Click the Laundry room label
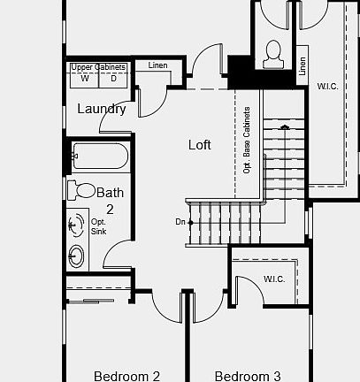[102, 110]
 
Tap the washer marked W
[85, 79]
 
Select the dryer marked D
[113, 79]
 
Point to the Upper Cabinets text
[99, 67]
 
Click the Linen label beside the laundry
[157, 65]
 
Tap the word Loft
[200, 144]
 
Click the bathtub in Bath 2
[99, 157]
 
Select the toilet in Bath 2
[84, 189]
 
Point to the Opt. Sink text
[98, 226]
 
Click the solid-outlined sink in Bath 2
[77, 256]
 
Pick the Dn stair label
[181, 222]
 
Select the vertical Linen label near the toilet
[303, 65]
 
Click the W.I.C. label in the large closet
[326, 86]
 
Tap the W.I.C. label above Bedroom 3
[273, 279]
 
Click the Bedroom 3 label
[247, 376]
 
